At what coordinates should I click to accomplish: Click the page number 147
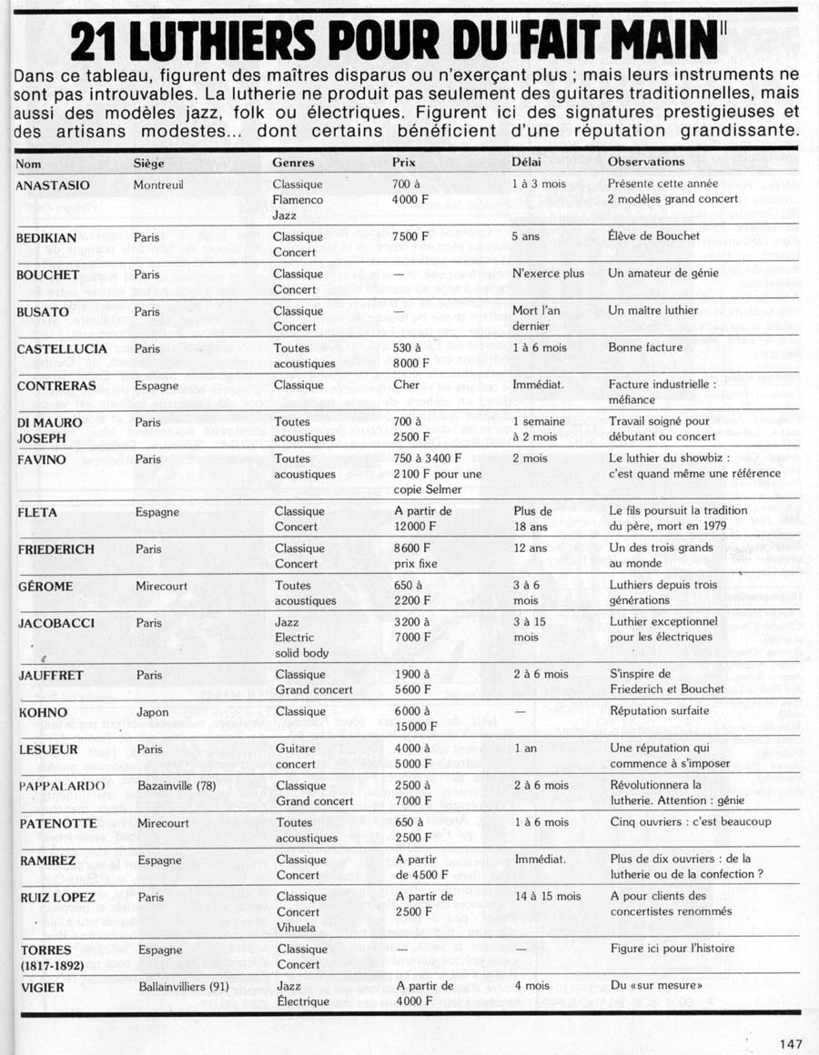[x=791, y=1044]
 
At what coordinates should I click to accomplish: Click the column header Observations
[x=646, y=162]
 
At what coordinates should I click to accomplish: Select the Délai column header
[x=528, y=162]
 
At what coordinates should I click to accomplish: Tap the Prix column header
[x=404, y=162]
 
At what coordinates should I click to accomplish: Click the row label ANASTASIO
[x=53, y=185]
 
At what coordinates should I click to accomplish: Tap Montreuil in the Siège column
[x=159, y=185]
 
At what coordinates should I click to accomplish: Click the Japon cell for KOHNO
[x=152, y=712]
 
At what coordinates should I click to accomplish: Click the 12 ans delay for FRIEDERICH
[x=530, y=548]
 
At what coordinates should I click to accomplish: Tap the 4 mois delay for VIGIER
[x=531, y=986]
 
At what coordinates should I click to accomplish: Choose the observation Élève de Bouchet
[x=654, y=236]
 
